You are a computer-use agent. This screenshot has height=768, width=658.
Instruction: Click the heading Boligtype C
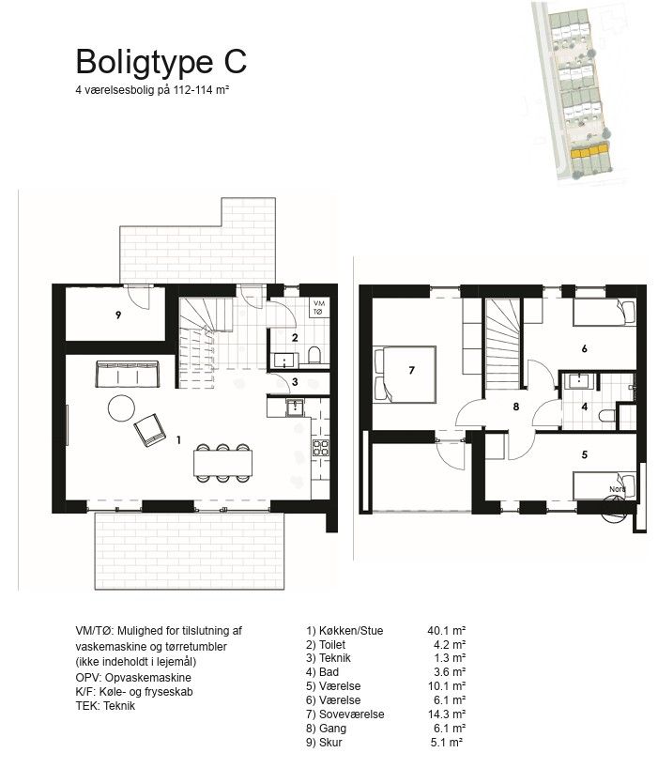coord(161,62)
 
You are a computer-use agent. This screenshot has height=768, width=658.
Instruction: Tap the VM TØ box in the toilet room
coord(319,308)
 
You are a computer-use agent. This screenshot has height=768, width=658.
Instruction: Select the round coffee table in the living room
coord(121,408)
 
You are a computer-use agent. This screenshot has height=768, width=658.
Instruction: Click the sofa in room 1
coord(128,375)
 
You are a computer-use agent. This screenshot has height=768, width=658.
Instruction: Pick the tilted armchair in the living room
coord(150,430)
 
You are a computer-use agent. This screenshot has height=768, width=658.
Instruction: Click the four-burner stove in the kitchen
coord(321,448)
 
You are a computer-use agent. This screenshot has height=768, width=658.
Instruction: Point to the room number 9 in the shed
coord(118,315)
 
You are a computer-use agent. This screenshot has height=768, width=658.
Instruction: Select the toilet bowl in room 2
coord(314,354)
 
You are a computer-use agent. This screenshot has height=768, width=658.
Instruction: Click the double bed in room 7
coord(405,375)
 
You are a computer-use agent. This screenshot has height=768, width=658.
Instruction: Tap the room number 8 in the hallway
coord(516,407)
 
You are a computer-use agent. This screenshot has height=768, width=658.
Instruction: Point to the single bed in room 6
coord(604,313)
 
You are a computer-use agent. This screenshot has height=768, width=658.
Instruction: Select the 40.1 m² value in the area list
coord(447,630)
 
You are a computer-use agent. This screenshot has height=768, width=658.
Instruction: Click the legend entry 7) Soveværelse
coord(345,714)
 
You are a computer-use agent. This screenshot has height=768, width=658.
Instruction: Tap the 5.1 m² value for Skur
coord(447,742)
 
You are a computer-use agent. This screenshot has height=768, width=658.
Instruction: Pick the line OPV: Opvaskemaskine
coord(133,678)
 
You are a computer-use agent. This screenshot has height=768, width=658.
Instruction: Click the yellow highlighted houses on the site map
coord(589,150)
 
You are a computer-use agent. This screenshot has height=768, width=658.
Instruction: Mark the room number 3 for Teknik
coord(295,381)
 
